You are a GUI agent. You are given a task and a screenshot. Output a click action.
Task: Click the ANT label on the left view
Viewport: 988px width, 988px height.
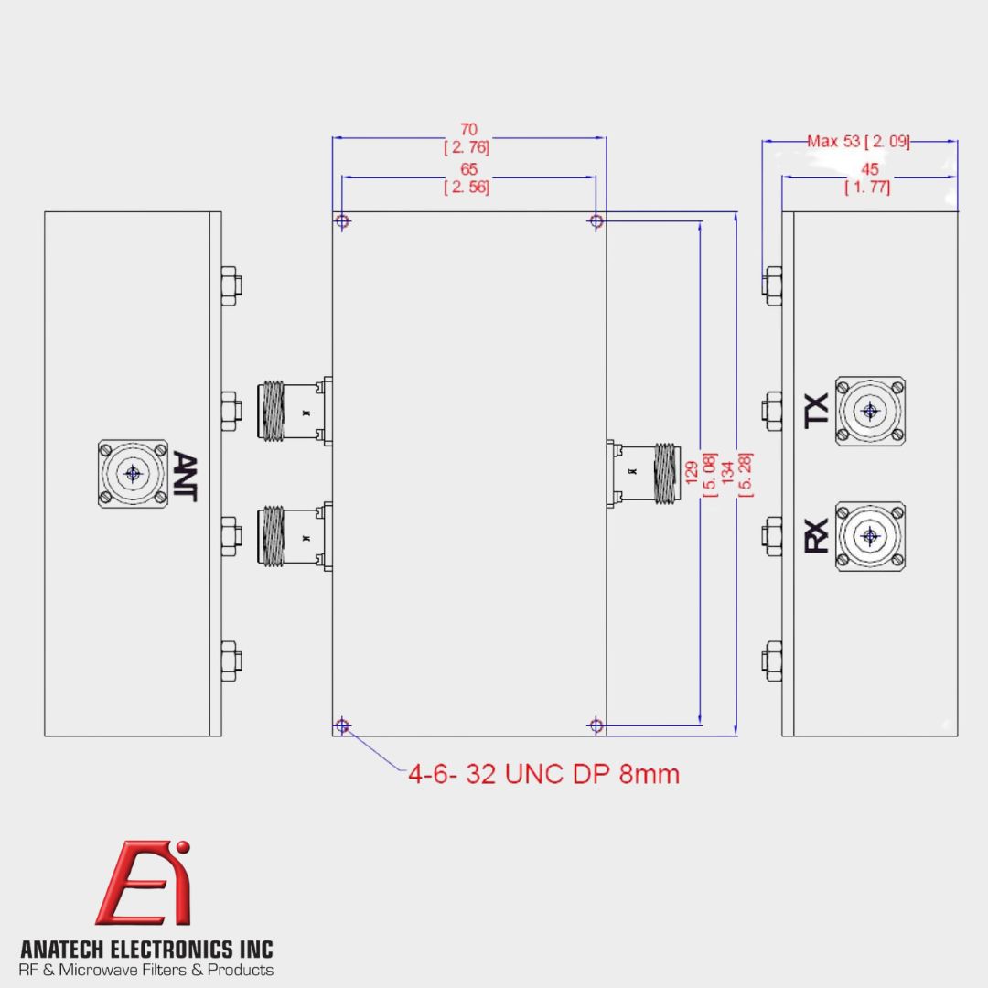point(184,477)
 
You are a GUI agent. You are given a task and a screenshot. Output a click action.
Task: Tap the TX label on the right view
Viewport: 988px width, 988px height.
point(817,412)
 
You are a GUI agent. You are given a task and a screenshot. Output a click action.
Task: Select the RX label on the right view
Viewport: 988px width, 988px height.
point(817,536)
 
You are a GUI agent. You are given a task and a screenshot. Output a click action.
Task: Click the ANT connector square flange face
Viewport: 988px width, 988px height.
point(133,474)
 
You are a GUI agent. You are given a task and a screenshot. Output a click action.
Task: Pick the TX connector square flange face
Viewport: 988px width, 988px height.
point(871,412)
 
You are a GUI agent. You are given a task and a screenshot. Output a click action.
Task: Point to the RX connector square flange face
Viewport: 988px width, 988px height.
point(871,536)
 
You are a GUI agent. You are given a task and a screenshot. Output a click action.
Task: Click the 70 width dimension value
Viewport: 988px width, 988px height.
point(468,129)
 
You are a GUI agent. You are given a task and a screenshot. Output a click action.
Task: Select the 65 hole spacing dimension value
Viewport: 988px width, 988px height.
point(468,169)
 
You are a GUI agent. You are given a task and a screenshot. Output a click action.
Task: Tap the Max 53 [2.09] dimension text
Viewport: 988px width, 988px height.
point(858,141)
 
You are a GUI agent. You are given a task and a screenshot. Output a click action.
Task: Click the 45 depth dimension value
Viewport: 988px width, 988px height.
point(870,169)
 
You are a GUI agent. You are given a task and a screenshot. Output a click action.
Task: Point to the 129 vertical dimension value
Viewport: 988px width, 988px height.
point(692,473)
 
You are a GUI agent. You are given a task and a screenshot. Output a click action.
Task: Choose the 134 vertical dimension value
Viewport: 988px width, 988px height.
point(728,473)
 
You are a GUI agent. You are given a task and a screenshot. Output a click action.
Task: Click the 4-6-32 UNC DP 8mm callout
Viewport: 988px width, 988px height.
point(543,775)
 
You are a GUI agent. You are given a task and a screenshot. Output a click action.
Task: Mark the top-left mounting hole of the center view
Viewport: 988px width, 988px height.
point(342,221)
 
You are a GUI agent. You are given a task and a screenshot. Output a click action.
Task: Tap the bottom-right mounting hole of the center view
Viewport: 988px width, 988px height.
point(596,725)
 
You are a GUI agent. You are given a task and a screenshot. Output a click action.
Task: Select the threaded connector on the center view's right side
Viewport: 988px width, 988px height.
point(644,473)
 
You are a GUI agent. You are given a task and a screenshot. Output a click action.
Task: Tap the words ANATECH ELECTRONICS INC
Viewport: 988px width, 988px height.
point(146,949)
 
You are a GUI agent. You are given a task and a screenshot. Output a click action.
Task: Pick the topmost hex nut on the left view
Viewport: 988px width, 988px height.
point(231,285)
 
